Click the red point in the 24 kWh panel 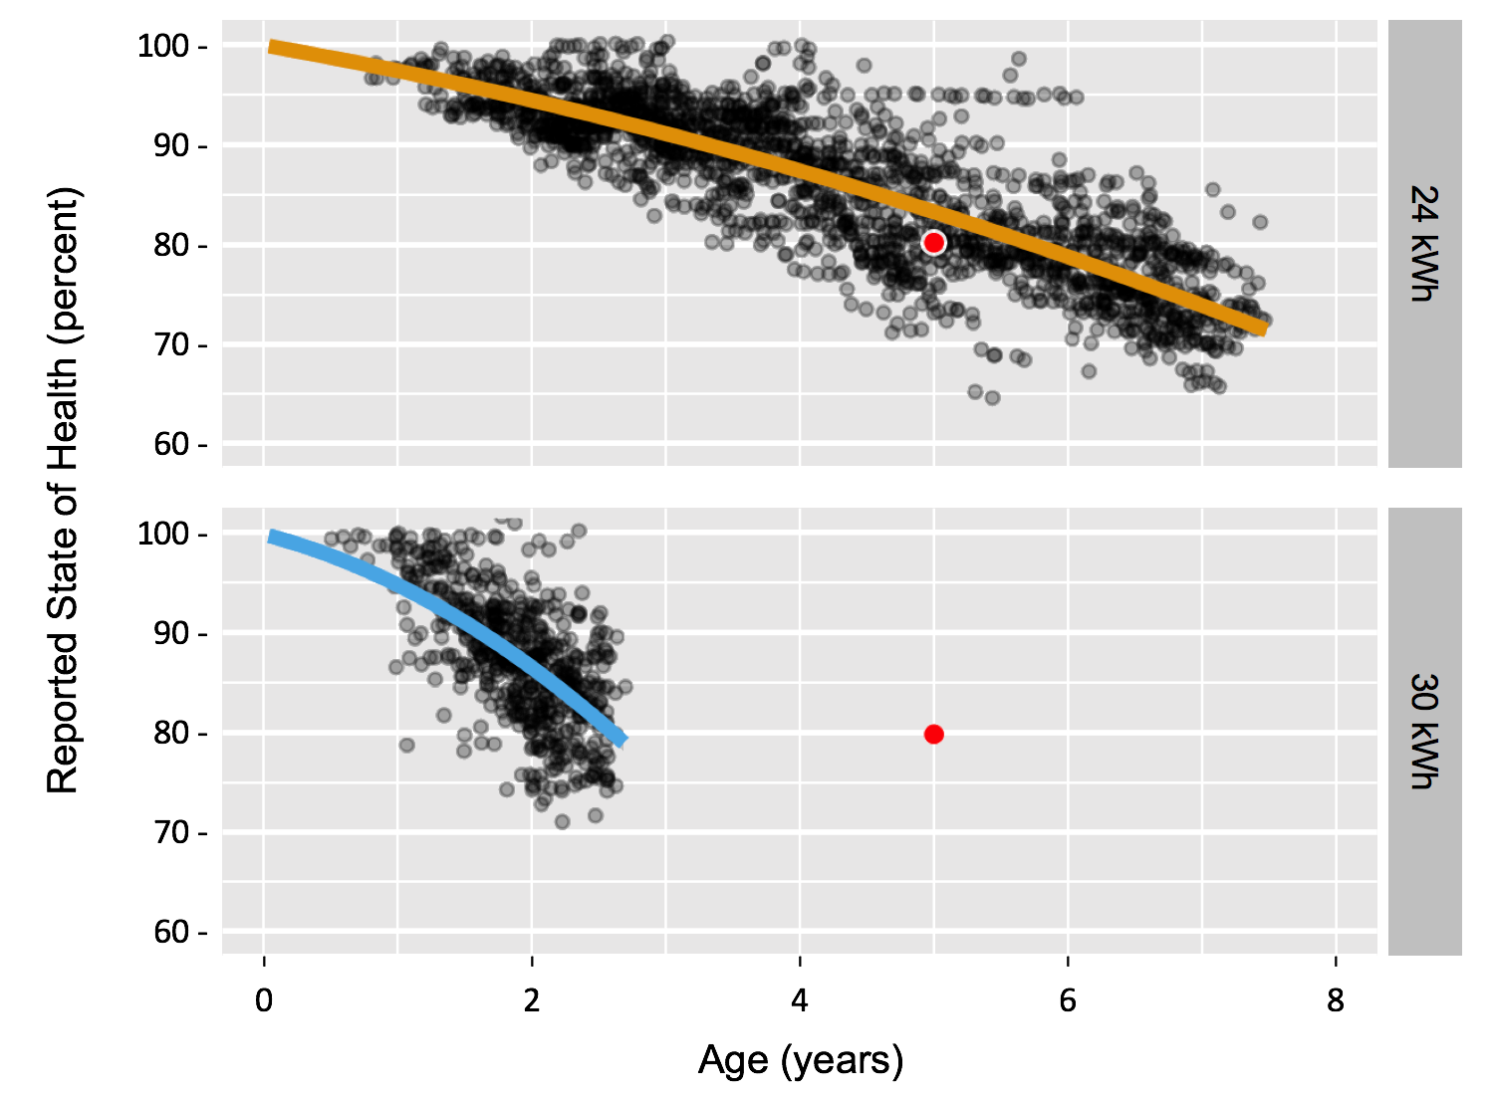click(x=933, y=243)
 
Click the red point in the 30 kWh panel click(x=933, y=735)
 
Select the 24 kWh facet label click(x=1425, y=244)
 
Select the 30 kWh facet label click(x=1425, y=732)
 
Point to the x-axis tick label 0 click(x=264, y=1000)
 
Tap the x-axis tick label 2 click(x=532, y=1000)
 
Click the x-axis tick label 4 click(x=800, y=1000)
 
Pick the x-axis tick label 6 click(x=1068, y=1000)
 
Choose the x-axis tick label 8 click(x=1336, y=1000)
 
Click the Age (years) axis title click(x=801, y=1060)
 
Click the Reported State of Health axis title click(x=63, y=490)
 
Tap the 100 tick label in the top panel click(x=163, y=47)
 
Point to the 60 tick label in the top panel click(x=171, y=444)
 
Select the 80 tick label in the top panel click(x=171, y=246)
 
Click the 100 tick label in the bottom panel click(x=163, y=535)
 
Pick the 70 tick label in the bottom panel click(x=171, y=832)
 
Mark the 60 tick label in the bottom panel click(x=171, y=932)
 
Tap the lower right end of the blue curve click(x=622, y=739)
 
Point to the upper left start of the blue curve click(x=271, y=538)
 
